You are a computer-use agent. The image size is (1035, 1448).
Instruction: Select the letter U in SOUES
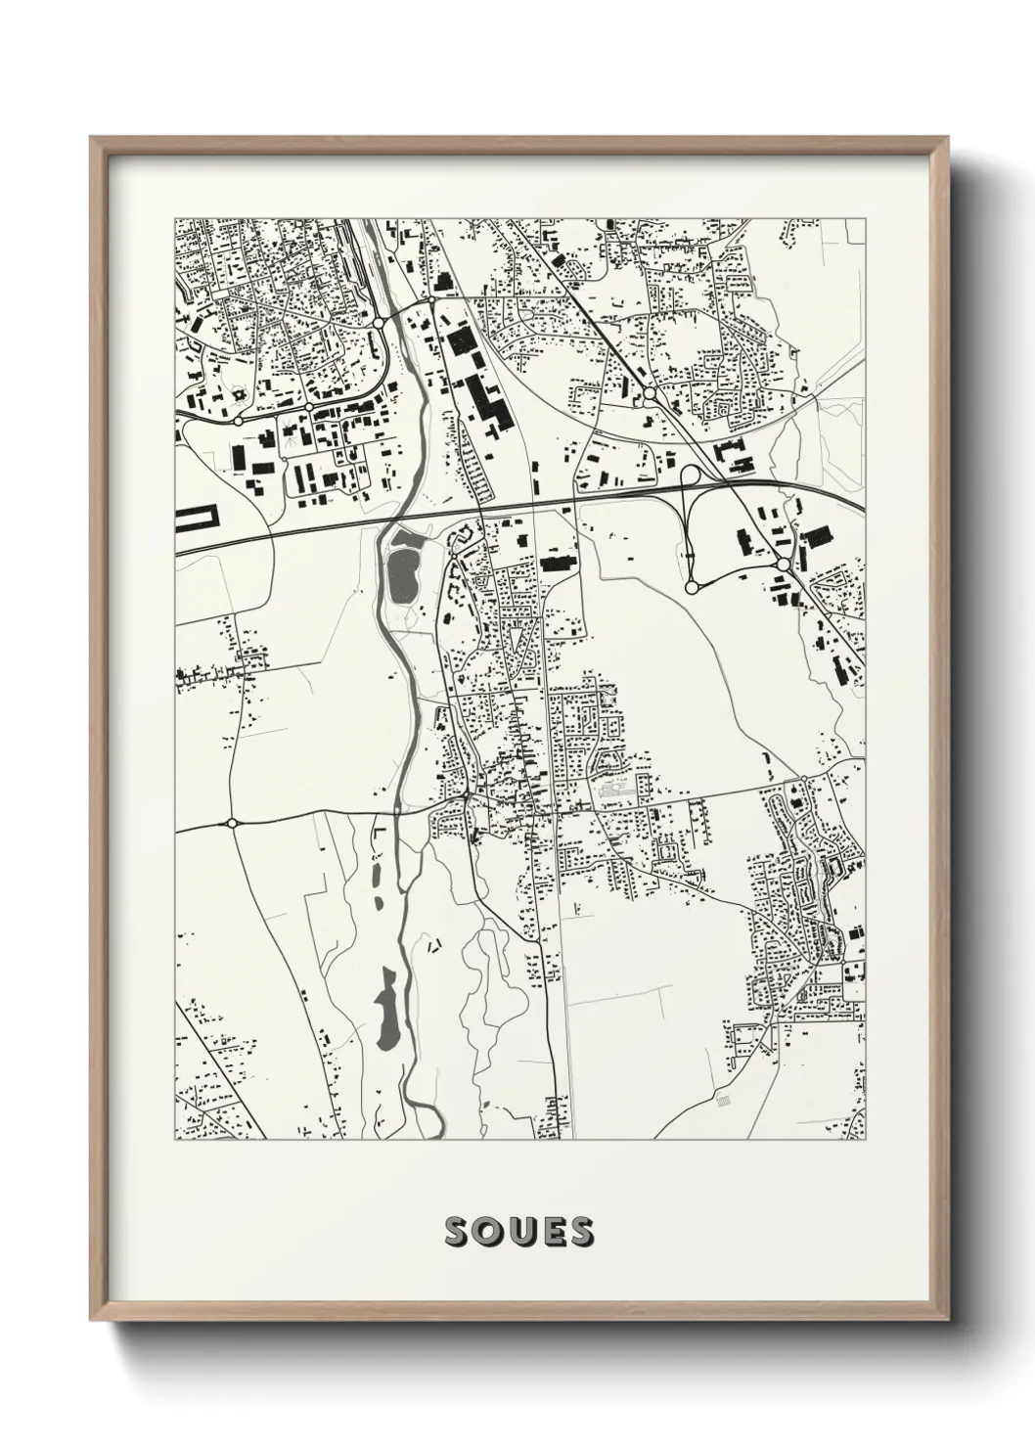(x=520, y=1232)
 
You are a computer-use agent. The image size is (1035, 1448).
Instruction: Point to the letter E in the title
(x=550, y=1232)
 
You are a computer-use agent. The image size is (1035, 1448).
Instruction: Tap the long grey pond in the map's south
(x=386, y=1008)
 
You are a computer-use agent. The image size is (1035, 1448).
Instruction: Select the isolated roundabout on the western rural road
(x=232, y=823)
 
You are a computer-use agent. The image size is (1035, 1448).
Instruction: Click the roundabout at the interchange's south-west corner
(x=691, y=587)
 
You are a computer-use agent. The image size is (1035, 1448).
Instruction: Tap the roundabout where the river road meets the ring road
(x=380, y=321)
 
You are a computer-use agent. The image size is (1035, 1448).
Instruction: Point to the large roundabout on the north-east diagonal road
(x=650, y=394)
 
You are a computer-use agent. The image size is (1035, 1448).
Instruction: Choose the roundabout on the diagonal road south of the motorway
(x=783, y=566)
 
